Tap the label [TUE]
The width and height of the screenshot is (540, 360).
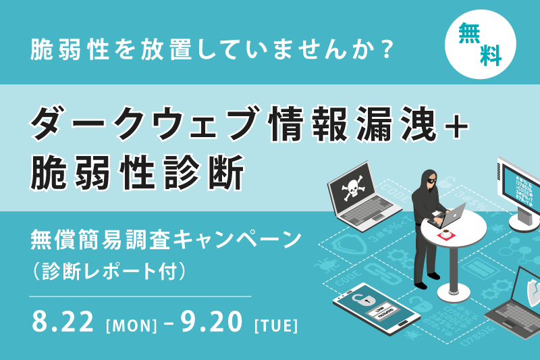click(x=276, y=325)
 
